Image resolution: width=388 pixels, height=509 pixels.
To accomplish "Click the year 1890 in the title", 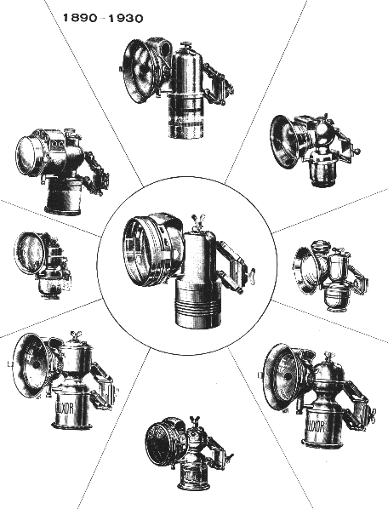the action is click(x=80, y=18).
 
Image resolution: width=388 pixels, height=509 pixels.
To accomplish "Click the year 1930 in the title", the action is click(x=126, y=18).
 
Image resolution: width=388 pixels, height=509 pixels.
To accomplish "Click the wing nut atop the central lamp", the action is click(x=197, y=220).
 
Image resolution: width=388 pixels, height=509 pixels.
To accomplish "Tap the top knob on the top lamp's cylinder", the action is click(x=186, y=44).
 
